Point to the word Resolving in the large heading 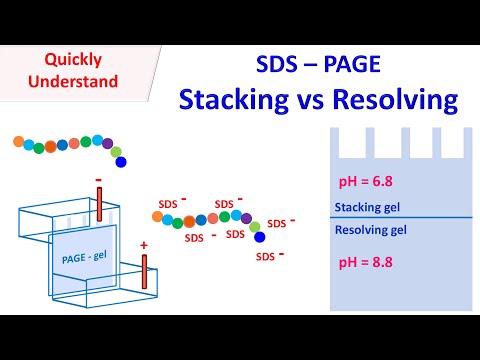point(393,100)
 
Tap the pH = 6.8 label point(366,182)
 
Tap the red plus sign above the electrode point(144,244)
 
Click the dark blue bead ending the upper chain point(122,161)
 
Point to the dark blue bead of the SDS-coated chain point(259,237)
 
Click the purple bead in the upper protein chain point(108,145)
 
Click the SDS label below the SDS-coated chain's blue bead point(266,256)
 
